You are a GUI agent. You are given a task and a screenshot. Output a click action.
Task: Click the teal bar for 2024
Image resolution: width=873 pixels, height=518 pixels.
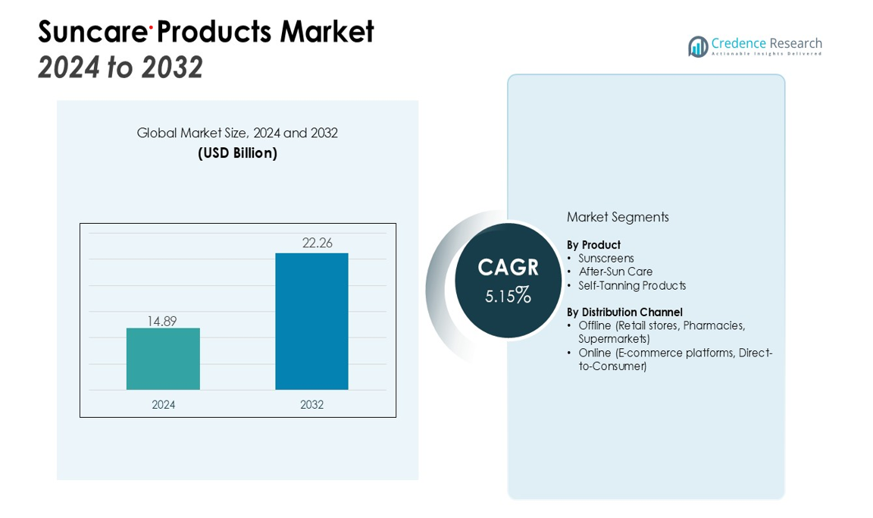coord(163,359)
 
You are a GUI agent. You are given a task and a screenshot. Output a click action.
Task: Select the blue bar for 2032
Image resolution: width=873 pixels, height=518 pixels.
coord(311,322)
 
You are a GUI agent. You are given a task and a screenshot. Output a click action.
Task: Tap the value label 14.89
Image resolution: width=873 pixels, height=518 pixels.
coord(161,321)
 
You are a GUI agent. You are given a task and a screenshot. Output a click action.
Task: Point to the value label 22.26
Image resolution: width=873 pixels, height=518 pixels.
coord(317,243)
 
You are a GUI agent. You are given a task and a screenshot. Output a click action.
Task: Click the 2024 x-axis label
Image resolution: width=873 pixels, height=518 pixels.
coord(163,405)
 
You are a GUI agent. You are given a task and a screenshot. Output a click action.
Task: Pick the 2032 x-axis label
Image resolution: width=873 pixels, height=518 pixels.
coord(311,405)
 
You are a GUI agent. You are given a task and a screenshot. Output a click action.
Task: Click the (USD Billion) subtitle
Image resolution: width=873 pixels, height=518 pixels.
coord(237,153)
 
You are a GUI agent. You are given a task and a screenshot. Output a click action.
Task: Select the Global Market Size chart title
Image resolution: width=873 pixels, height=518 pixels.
coord(237,133)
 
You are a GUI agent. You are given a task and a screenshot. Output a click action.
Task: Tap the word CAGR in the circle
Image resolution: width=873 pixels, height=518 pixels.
coord(508,268)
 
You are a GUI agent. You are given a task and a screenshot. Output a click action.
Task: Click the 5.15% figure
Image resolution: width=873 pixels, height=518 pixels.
coord(508,295)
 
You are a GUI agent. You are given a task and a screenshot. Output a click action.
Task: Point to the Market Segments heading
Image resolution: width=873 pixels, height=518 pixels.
coord(618,217)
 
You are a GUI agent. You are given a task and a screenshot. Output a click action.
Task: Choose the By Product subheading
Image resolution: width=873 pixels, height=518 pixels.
coord(593,245)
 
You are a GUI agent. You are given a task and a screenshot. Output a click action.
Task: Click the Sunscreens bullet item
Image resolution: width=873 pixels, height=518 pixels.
coord(605,259)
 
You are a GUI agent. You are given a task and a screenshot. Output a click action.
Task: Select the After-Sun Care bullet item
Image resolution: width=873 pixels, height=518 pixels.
coord(615,272)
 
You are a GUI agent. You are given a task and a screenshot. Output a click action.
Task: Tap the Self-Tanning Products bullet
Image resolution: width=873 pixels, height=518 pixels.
coord(632,286)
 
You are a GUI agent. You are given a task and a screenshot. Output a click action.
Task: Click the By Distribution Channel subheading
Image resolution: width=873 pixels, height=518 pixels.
coord(624,312)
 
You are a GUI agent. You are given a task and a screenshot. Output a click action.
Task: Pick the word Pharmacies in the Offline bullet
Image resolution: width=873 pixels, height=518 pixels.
coord(714,325)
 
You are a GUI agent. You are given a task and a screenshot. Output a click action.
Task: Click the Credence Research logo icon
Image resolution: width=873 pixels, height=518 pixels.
coord(698,46)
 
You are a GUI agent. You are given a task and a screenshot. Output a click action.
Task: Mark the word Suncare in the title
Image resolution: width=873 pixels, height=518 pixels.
coord(92,32)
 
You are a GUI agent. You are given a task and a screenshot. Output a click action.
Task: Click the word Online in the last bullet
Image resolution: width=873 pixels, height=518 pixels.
coord(594,353)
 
